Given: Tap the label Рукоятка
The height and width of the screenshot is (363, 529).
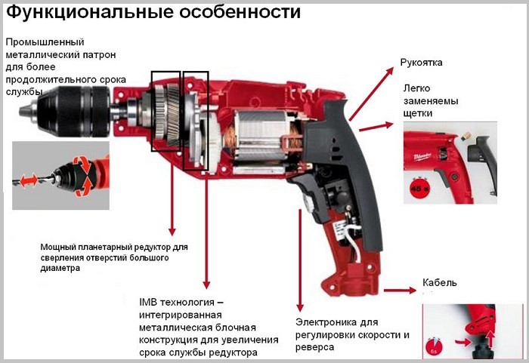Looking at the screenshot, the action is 421,63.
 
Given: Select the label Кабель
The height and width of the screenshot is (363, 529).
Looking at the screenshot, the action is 440,282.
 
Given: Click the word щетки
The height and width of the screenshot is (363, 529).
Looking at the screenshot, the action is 418,114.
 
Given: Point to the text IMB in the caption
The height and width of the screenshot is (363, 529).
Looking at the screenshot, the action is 148,302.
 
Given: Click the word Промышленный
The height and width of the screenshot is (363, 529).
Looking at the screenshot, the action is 45,42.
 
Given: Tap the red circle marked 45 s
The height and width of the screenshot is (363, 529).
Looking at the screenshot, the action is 419,188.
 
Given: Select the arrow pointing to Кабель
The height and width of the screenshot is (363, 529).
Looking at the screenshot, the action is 400,291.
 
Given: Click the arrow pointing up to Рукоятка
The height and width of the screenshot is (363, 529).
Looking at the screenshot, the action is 372,94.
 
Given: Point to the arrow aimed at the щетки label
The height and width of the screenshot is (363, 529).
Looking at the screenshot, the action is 376,127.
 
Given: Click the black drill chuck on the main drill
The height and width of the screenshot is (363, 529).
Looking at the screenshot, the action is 65,111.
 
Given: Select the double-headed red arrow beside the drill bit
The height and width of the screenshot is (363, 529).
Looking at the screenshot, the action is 29,180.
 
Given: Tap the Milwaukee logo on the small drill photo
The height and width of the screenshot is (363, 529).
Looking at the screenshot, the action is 422,157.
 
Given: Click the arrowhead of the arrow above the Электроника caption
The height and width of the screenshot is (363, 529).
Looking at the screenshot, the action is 300,308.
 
